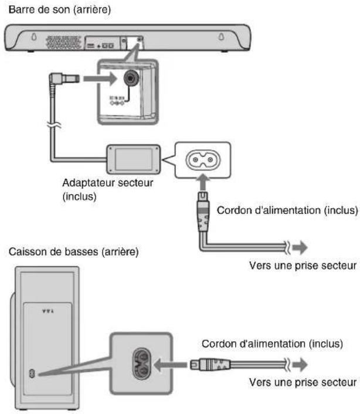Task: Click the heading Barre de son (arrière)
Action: [60, 10]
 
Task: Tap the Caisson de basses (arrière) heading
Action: [74, 252]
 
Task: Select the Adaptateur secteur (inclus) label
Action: [108, 189]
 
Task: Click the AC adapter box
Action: [133, 160]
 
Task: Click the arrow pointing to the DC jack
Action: [100, 79]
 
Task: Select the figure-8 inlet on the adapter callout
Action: [203, 160]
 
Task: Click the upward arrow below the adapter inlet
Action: [203, 182]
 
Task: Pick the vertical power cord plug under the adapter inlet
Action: [203, 212]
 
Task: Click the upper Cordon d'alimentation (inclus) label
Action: [287, 211]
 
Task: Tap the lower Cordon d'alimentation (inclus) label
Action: [272, 344]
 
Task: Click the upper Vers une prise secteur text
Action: [303, 266]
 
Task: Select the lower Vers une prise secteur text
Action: [303, 382]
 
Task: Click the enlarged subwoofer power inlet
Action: [141, 364]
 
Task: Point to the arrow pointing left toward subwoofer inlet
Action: [170, 365]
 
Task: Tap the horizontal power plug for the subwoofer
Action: [210, 365]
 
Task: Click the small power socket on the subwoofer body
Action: [32, 374]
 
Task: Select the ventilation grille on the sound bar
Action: [63, 42]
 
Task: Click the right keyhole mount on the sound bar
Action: [221, 36]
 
